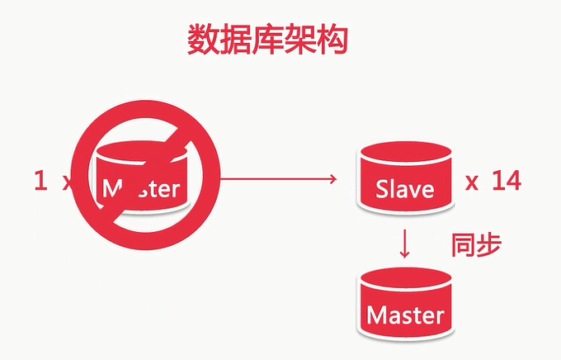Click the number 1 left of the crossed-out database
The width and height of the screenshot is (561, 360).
(40, 181)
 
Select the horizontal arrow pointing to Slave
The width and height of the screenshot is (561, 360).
(276, 178)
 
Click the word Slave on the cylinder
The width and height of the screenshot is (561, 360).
(404, 188)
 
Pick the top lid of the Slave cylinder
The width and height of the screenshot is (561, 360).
(404, 156)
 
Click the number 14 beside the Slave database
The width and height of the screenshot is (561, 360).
(505, 182)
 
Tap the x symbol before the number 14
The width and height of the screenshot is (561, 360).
(472, 183)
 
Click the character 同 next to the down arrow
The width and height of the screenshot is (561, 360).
(463, 245)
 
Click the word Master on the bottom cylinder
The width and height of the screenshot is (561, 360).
(405, 315)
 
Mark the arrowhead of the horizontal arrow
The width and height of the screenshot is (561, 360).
(333, 178)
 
